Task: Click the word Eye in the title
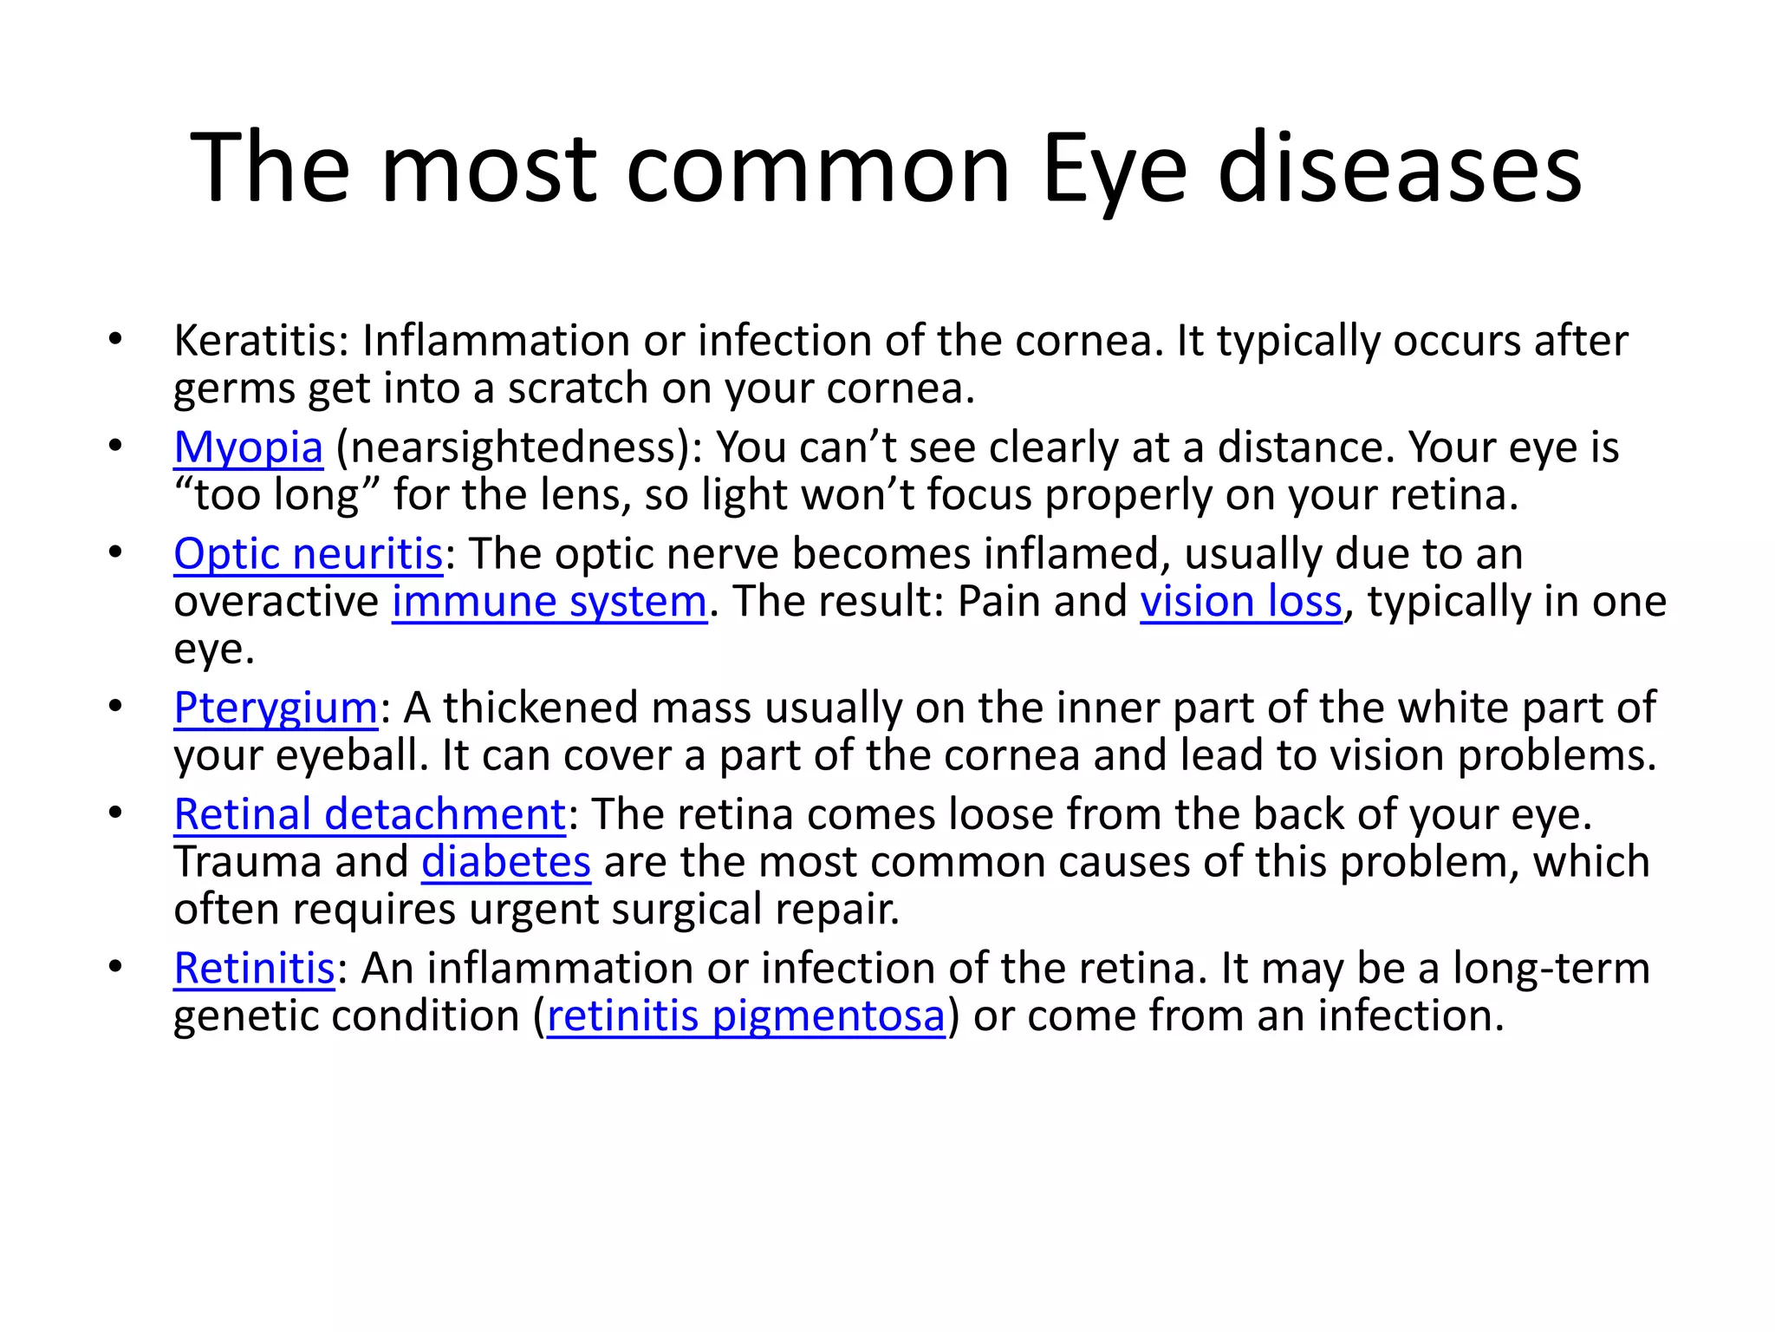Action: pos(1114,169)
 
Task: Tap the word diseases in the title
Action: pos(1399,169)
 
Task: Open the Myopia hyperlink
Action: pos(249,448)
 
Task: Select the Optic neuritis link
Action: pos(309,555)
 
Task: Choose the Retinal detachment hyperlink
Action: pos(370,815)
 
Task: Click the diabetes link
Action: pos(506,863)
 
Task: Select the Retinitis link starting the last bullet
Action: pos(254,969)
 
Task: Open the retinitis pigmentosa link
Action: pos(746,1016)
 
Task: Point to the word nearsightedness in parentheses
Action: pos(511,448)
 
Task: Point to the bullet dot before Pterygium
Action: pos(115,707)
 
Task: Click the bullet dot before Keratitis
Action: pos(115,339)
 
